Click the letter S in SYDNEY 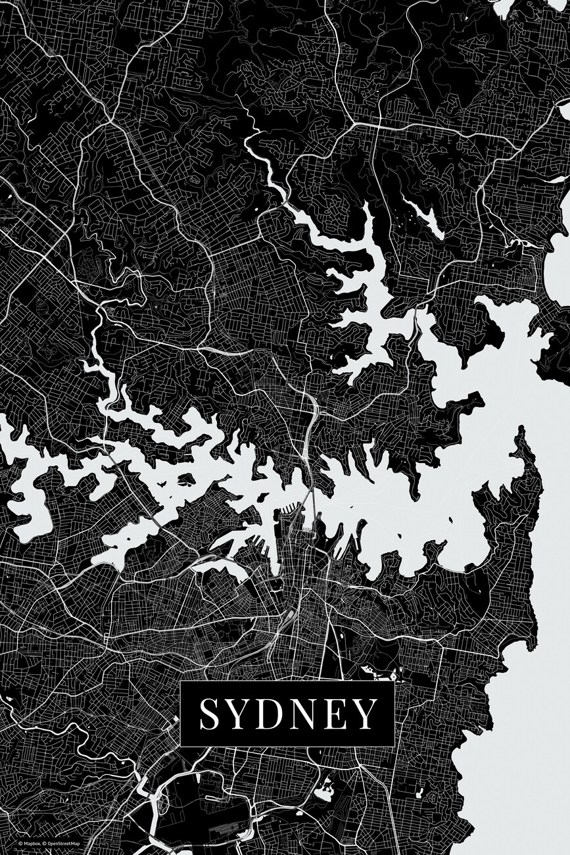click(210, 714)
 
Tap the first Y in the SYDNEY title click(239, 714)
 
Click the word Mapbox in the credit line click(32, 843)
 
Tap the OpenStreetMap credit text click(63, 843)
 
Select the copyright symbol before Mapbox click(20, 843)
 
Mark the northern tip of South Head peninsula click(523, 431)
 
